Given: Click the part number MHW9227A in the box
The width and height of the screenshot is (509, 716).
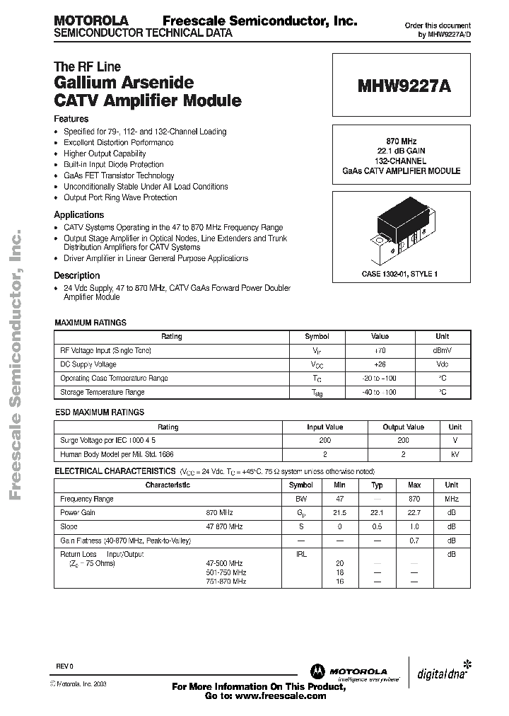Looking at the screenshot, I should click(x=404, y=86).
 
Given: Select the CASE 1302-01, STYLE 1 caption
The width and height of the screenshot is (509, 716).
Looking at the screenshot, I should click(x=400, y=273).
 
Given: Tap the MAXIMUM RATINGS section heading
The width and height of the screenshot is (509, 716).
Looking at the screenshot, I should click(x=90, y=323).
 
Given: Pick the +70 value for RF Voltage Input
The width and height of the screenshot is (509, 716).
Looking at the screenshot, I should click(x=380, y=351).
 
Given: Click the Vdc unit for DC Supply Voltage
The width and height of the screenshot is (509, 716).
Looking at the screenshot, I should click(x=442, y=364).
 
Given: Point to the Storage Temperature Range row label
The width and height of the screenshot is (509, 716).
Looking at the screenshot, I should click(x=103, y=392).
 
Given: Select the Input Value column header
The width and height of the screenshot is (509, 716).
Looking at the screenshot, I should click(x=324, y=427).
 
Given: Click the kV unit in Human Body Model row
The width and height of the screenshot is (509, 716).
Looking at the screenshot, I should click(x=455, y=454).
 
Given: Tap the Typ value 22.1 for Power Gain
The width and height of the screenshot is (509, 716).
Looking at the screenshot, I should click(x=377, y=513).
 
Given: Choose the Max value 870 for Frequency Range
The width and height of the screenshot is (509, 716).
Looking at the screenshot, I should click(x=414, y=500).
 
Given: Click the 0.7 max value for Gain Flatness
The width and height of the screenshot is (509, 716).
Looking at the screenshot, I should click(x=414, y=541).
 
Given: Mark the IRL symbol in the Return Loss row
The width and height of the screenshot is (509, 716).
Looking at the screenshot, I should click(x=301, y=555).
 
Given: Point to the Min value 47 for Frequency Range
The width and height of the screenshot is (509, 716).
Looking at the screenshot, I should click(x=339, y=500).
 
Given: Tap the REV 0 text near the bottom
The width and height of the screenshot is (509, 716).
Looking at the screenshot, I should click(x=64, y=666).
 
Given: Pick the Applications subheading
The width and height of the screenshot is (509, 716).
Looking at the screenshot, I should click(x=79, y=214).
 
